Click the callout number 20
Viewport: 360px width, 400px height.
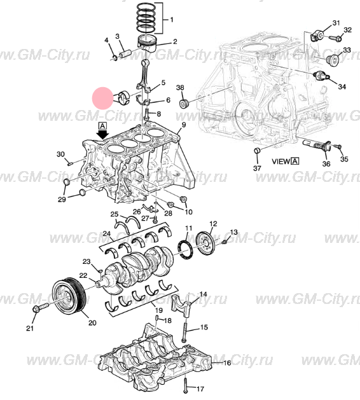[92, 323]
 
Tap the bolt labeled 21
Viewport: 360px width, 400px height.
[38, 309]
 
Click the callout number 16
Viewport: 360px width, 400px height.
[227, 363]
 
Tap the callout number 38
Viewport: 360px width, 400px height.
[180, 87]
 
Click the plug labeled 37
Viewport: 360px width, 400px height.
[257, 151]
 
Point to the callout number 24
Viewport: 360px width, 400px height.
[107, 235]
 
